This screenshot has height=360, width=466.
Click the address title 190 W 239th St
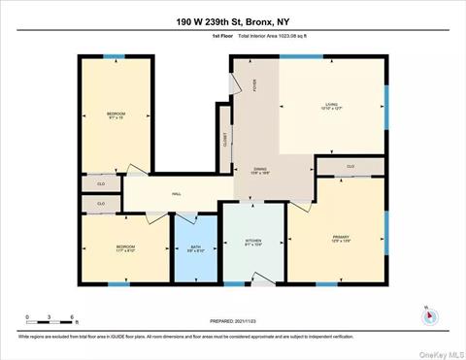(x=232, y=20)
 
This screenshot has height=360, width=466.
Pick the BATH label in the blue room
(x=194, y=248)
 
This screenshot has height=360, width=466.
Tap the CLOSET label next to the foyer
(x=225, y=139)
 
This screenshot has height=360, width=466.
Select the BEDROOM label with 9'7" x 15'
(x=116, y=115)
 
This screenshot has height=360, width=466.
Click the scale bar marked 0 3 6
(x=49, y=320)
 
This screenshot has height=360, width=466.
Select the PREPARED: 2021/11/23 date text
(x=233, y=321)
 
